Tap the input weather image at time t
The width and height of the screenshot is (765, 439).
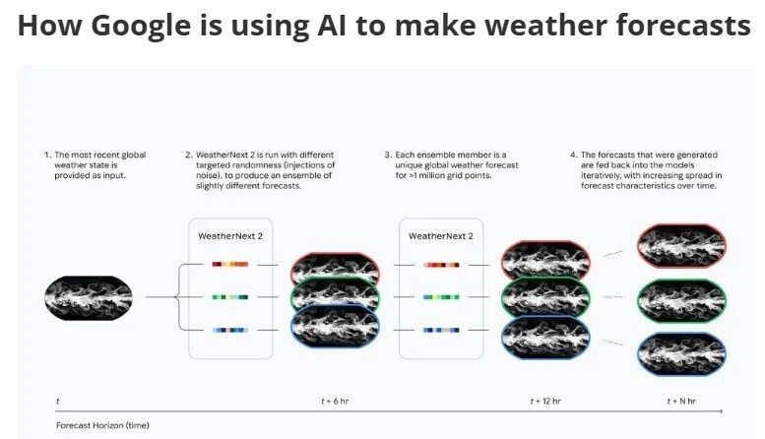pyautogui.click(x=89, y=296)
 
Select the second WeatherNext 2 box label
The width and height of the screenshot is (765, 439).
pyautogui.click(x=440, y=236)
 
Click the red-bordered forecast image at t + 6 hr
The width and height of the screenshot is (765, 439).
pyautogui.click(x=336, y=266)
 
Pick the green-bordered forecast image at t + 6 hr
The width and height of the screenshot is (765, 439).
pyautogui.click(x=336, y=296)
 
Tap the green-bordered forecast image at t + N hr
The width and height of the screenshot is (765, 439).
pyautogui.click(x=681, y=296)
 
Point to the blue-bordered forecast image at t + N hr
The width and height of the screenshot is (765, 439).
pyautogui.click(x=681, y=352)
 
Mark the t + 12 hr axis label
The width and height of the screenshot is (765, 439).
pyautogui.click(x=546, y=402)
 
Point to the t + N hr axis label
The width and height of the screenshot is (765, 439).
pyautogui.click(x=680, y=402)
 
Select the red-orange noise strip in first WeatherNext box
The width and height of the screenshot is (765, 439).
pyautogui.click(x=229, y=264)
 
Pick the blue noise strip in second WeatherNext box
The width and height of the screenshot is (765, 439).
pyautogui.click(x=440, y=330)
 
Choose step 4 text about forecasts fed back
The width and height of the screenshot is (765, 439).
pyautogui.click(x=645, y=173)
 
